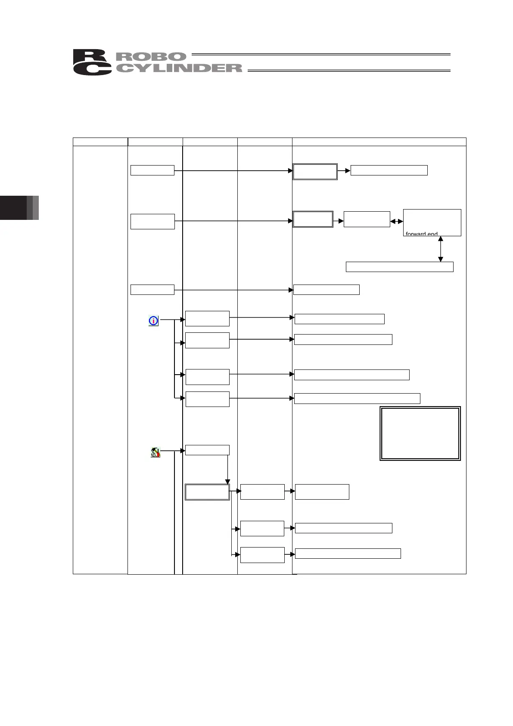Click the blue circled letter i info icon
click(153, 321)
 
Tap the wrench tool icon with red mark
click(155, 452)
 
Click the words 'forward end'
click(421, 234)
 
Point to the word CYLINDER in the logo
click(178, 68)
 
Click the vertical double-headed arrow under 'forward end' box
click(440, 249)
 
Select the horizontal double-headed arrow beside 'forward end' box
click(397, 221)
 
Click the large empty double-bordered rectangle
click(420, 433)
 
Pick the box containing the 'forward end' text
click(432, 222)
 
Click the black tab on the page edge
click(13, 208)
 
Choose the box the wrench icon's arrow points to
click(207, 450)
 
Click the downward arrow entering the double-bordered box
click(227, 469)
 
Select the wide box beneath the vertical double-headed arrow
click(399, 267)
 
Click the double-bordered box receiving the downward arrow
click(207, 492)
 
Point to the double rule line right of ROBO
click(320, 55)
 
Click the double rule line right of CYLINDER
click(349, 70)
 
